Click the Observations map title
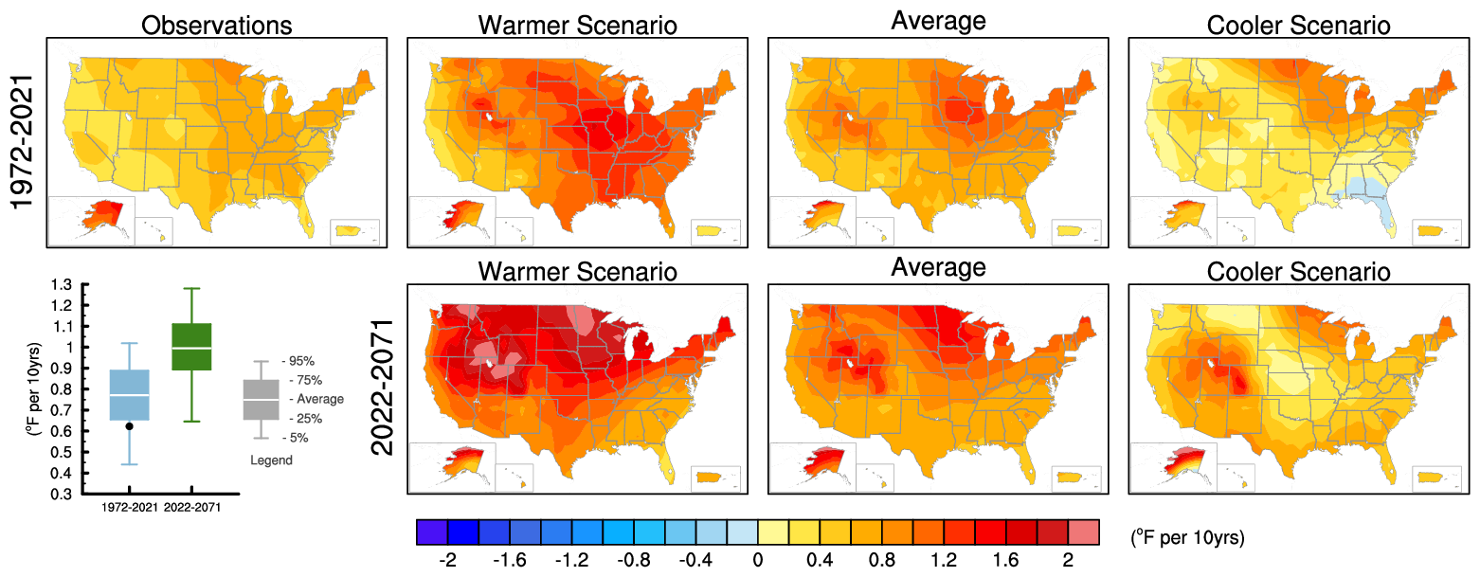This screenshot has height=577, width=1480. coord(216,25)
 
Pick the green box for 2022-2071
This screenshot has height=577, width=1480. coord(190,347)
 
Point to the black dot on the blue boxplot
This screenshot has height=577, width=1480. coord(129,426)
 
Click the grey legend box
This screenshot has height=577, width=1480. coord(261,399)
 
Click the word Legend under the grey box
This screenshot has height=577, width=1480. coord(271,460)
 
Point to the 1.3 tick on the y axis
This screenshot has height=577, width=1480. coord(62,284)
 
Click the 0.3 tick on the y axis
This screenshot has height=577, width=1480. coord(62,495)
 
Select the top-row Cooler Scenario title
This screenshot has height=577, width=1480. coord(1299,26)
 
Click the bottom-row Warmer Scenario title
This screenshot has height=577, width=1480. coord(577,273)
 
